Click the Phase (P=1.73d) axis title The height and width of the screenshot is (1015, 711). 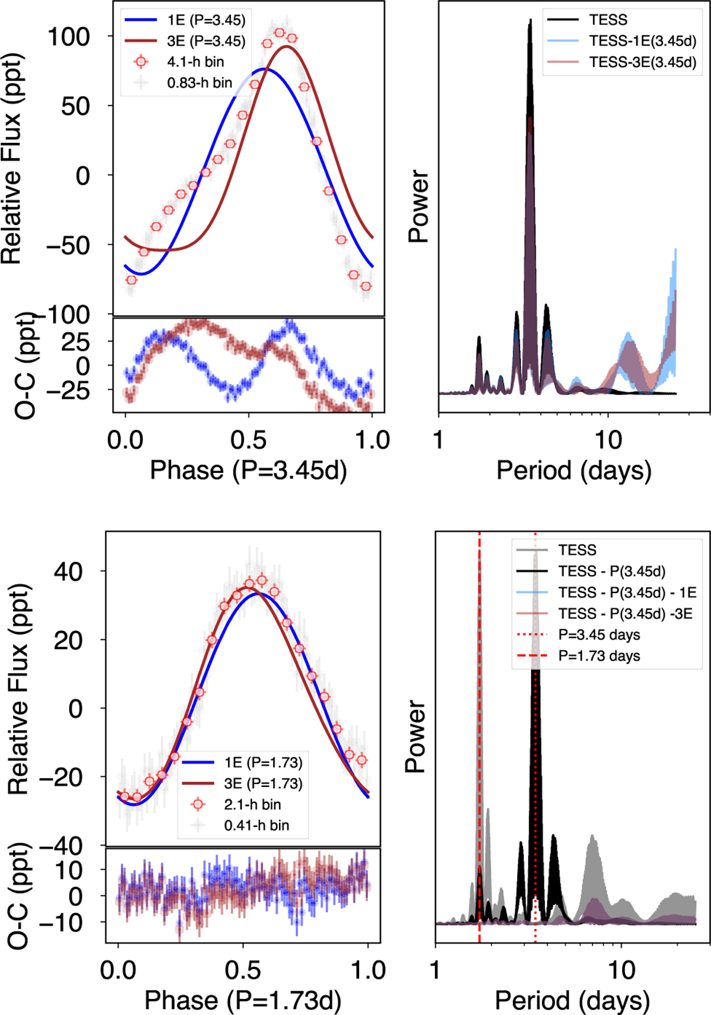click(x=243, y=1000)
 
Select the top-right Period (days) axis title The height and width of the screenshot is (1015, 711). click(x=574, y=470)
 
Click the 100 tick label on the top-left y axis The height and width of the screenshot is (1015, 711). click(x=68, y=37)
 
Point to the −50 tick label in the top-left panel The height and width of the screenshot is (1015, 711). click(x=68, y=245)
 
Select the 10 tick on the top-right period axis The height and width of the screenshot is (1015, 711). click(x=608, y=440)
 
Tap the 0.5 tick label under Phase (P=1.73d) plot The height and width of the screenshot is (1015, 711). click(x=243, y=971)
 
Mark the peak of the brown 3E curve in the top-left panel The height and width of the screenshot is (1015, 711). click(x=287, y=46)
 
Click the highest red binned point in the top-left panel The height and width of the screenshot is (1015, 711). click(x=280, y=33)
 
